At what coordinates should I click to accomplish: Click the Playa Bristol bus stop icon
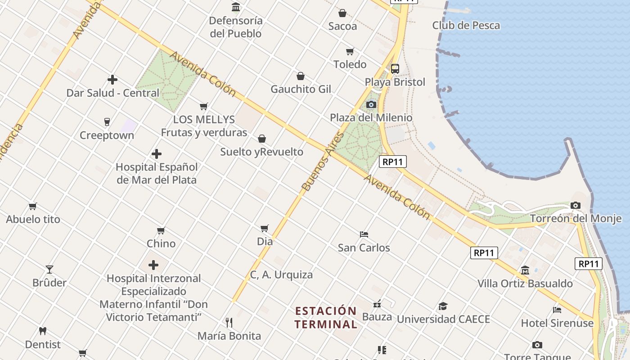click(395, 69)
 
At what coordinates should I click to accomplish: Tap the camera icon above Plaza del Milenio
click(371, 105)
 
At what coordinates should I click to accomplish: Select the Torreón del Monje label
click(576, 219)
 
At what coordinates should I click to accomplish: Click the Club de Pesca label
click(466, 25)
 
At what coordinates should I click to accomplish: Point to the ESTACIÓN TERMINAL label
click(326, 317)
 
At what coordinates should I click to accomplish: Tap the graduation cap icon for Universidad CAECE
click(443, 306)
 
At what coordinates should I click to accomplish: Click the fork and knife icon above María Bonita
click(229, 323)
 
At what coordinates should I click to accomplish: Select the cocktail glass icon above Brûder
click(49, 270)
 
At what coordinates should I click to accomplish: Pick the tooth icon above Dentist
click(43, 331)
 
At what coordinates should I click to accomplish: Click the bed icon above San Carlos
click(364, 234)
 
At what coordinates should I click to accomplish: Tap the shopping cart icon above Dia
click(265, 229)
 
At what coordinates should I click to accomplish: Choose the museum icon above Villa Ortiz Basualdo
click(525, 270)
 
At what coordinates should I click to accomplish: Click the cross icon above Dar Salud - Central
click(112, 80)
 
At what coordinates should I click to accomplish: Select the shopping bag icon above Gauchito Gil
click(301, 76)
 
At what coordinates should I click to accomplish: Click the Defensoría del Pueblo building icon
click(236, 7)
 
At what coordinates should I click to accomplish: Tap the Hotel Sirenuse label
click(557, 323)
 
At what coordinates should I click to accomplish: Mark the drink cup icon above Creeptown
click(107, 122)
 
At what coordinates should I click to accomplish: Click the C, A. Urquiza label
click(281, 274)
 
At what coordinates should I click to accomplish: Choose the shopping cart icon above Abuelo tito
click(33, 207)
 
